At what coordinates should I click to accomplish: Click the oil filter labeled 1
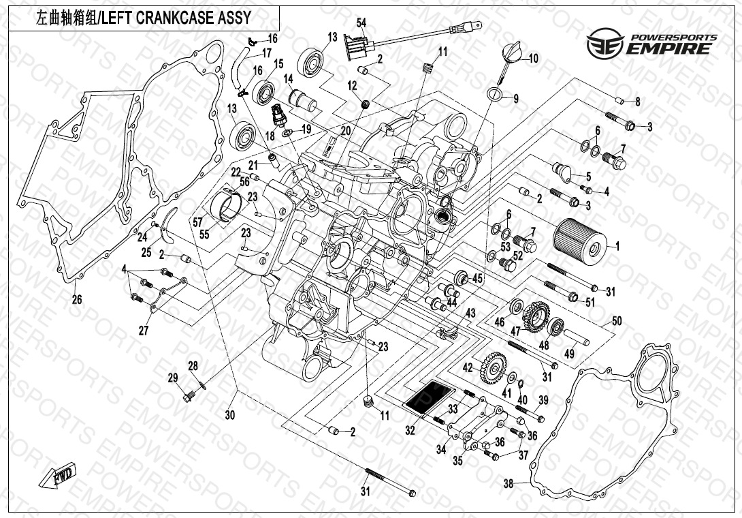[579, 243]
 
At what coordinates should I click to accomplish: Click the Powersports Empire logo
[651, 43]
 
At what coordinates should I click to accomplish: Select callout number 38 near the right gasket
[508, 484]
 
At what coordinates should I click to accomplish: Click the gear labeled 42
[491, 369]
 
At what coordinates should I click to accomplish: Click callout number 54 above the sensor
[361, 23]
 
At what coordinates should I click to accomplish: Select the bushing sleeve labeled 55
[230, 207]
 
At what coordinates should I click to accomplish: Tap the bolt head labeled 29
[187, 395]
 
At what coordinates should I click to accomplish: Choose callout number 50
[617, 320]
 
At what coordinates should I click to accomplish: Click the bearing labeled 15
[265, 89]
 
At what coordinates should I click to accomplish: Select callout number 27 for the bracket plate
[144, 331]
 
